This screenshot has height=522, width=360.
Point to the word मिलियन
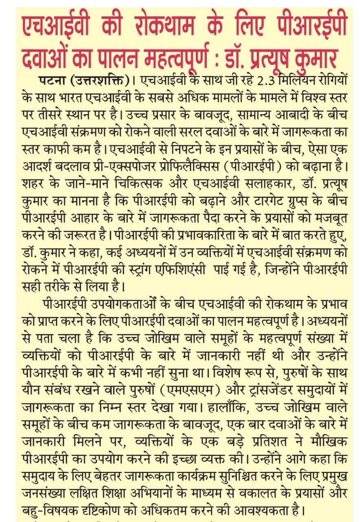point(300,80)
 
